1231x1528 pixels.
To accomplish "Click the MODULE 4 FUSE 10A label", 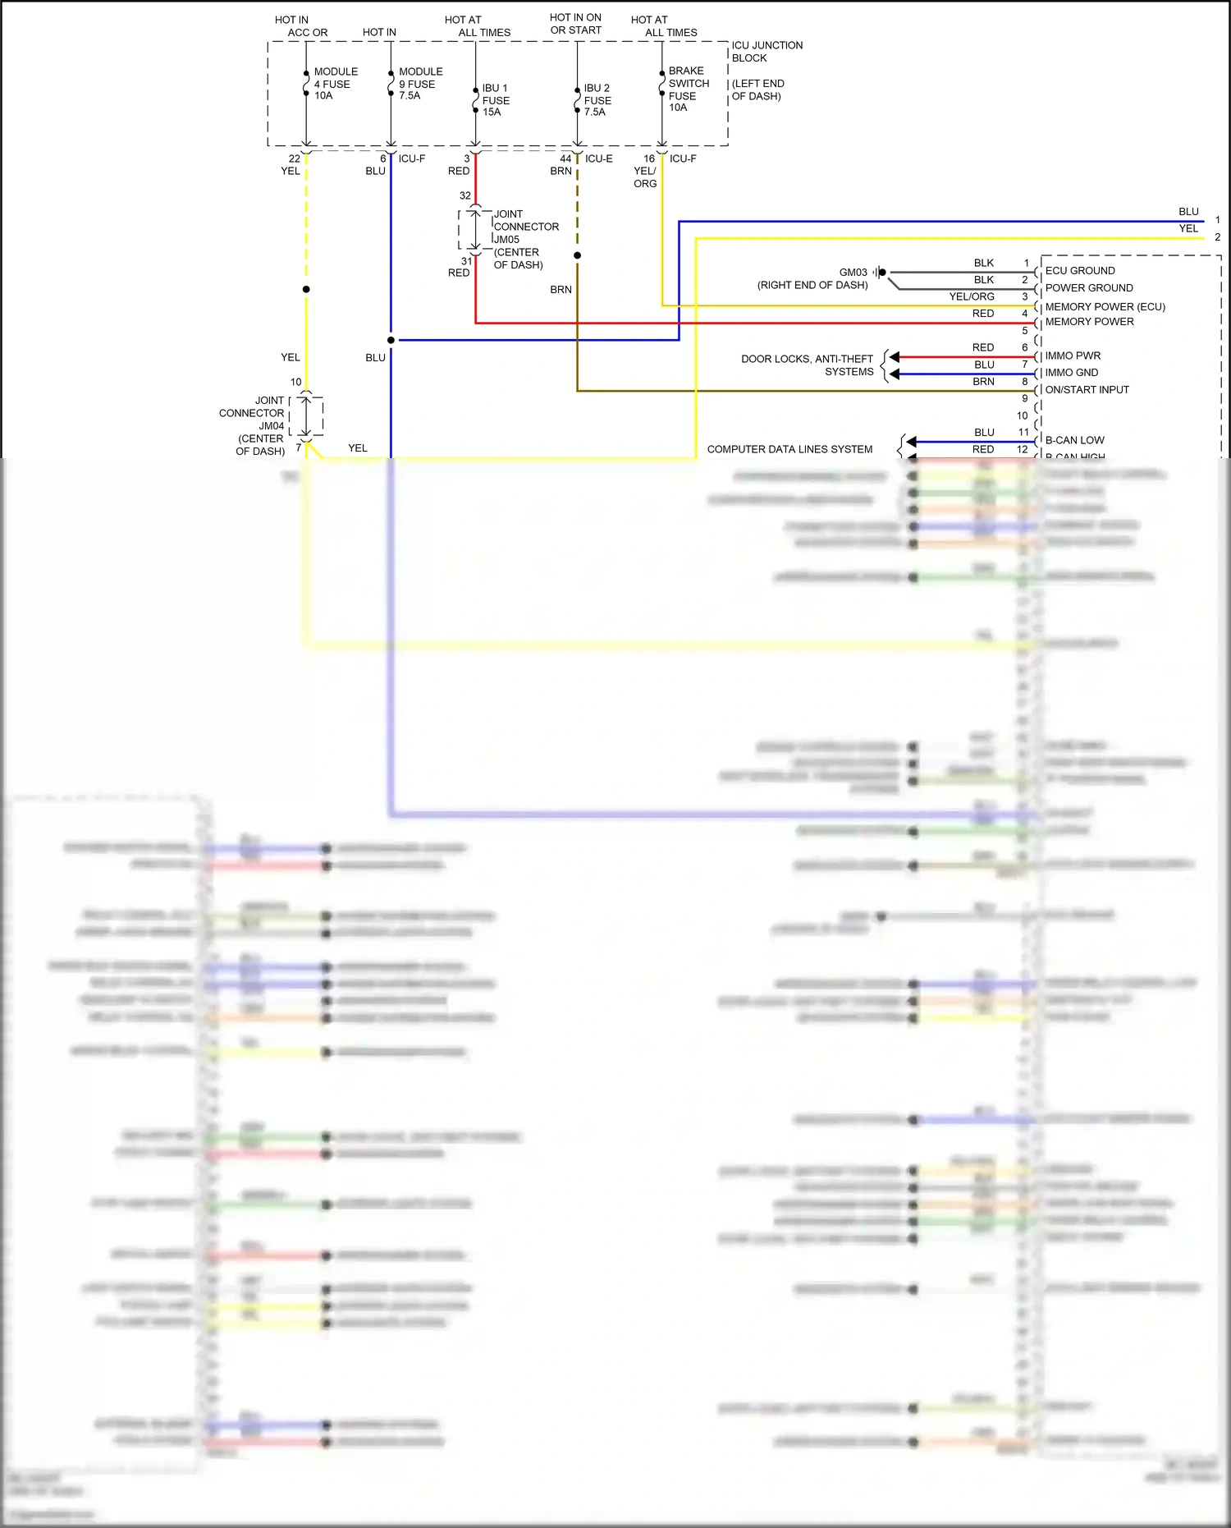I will tap(335, 84).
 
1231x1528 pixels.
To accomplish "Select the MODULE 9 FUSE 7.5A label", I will tap(419, 84).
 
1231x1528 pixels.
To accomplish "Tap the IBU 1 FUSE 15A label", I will tap(496, 100).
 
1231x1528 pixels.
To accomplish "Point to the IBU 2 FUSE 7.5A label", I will tap(597, 100).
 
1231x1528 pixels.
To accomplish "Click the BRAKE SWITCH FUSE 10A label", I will tap(688, 89).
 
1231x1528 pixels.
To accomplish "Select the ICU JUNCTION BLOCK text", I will tap(766, 52).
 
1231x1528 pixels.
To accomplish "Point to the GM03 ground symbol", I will tap(881, 273).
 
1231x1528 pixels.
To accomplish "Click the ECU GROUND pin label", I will tap(1079, 271).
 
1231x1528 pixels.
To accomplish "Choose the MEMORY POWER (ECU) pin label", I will tap(1105, 307).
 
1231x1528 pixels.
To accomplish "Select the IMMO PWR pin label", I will tap(1073, 356).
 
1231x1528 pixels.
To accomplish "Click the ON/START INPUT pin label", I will tap(1087, 390).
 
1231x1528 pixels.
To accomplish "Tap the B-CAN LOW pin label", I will tap(1074, 441).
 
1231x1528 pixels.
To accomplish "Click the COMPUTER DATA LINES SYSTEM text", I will tap(789, 450).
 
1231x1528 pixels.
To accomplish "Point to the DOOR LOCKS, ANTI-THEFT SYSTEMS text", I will tap(808, 365).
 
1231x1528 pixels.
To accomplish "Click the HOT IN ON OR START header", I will tap(575, 24).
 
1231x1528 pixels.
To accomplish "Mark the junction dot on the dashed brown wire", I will tap(577, 255).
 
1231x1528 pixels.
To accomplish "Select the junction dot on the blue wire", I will tap(391, 340).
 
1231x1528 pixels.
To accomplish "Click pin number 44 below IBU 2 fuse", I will tap(565, 159).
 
